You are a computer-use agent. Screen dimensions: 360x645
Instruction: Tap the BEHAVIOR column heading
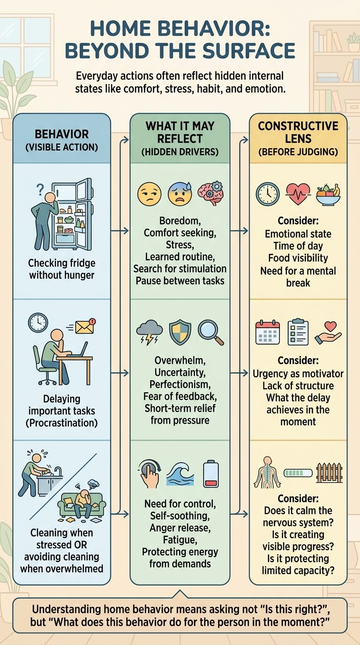pyautogui.click(x=61, y=134)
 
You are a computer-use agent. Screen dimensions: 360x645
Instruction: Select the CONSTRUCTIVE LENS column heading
pyautogui.click(x=298, y=132)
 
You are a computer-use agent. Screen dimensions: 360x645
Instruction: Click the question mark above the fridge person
pyautogui.click(x=40, y=190)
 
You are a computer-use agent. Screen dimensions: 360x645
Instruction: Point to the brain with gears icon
pyautogui.click(x=210, y=193)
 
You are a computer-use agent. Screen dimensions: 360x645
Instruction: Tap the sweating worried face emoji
pyautogui.click(x=180, y=194)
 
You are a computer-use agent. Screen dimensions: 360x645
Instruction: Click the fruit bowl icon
pyautogui.click(x=328, y=195)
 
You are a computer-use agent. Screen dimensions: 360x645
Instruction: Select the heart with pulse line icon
pyautogui.click(x=298, y=194)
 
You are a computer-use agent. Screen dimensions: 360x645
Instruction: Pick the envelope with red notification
pyautogui.click(x=85, y=327)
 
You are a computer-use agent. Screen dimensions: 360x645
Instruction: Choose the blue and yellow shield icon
pyautogui.click(x=180, y=332)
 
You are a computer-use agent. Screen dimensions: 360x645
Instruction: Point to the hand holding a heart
pyautogui.click(x=328, y=333)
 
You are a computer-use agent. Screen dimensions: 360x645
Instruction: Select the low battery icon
pyautogui.click(x=211, y=473)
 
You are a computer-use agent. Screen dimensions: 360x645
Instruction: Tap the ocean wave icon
pyautogui.click(x=180, y=474)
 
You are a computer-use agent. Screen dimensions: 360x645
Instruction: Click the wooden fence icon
pyautogui.click(x=329, y=472)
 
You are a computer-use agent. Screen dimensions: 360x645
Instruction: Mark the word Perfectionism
pyautogui.click(x=180, y=384)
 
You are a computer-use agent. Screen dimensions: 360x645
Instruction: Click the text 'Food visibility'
pyautogui.click(x=298, y=258)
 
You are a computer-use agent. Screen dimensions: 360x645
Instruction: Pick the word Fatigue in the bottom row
pyautogui.click(x=180, y=540)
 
